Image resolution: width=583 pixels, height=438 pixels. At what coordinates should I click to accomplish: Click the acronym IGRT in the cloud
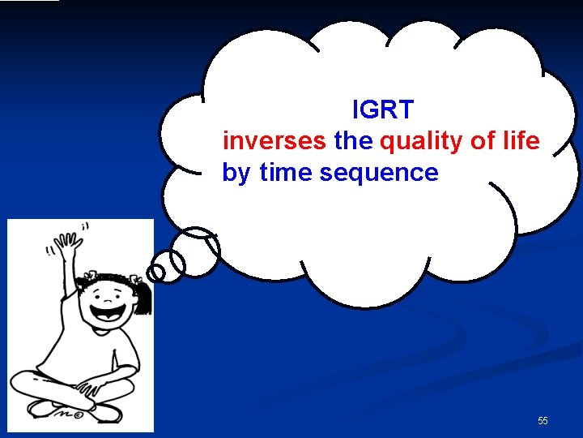(383, 109)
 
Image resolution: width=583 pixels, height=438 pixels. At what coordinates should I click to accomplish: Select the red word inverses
(274, 141)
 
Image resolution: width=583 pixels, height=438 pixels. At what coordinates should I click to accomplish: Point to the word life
(520, 141)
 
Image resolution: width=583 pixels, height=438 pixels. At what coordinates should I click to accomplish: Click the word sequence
(379, 173)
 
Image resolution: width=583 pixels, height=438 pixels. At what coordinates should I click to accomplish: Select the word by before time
(236, 174)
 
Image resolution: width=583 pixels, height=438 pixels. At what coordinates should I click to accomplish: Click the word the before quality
(353, 141)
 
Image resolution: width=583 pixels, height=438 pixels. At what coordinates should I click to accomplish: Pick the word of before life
(483, 141)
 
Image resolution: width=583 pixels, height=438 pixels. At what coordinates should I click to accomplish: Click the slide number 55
(543, 421)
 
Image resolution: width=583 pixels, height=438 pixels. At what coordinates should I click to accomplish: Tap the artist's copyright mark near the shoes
(78, 412)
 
